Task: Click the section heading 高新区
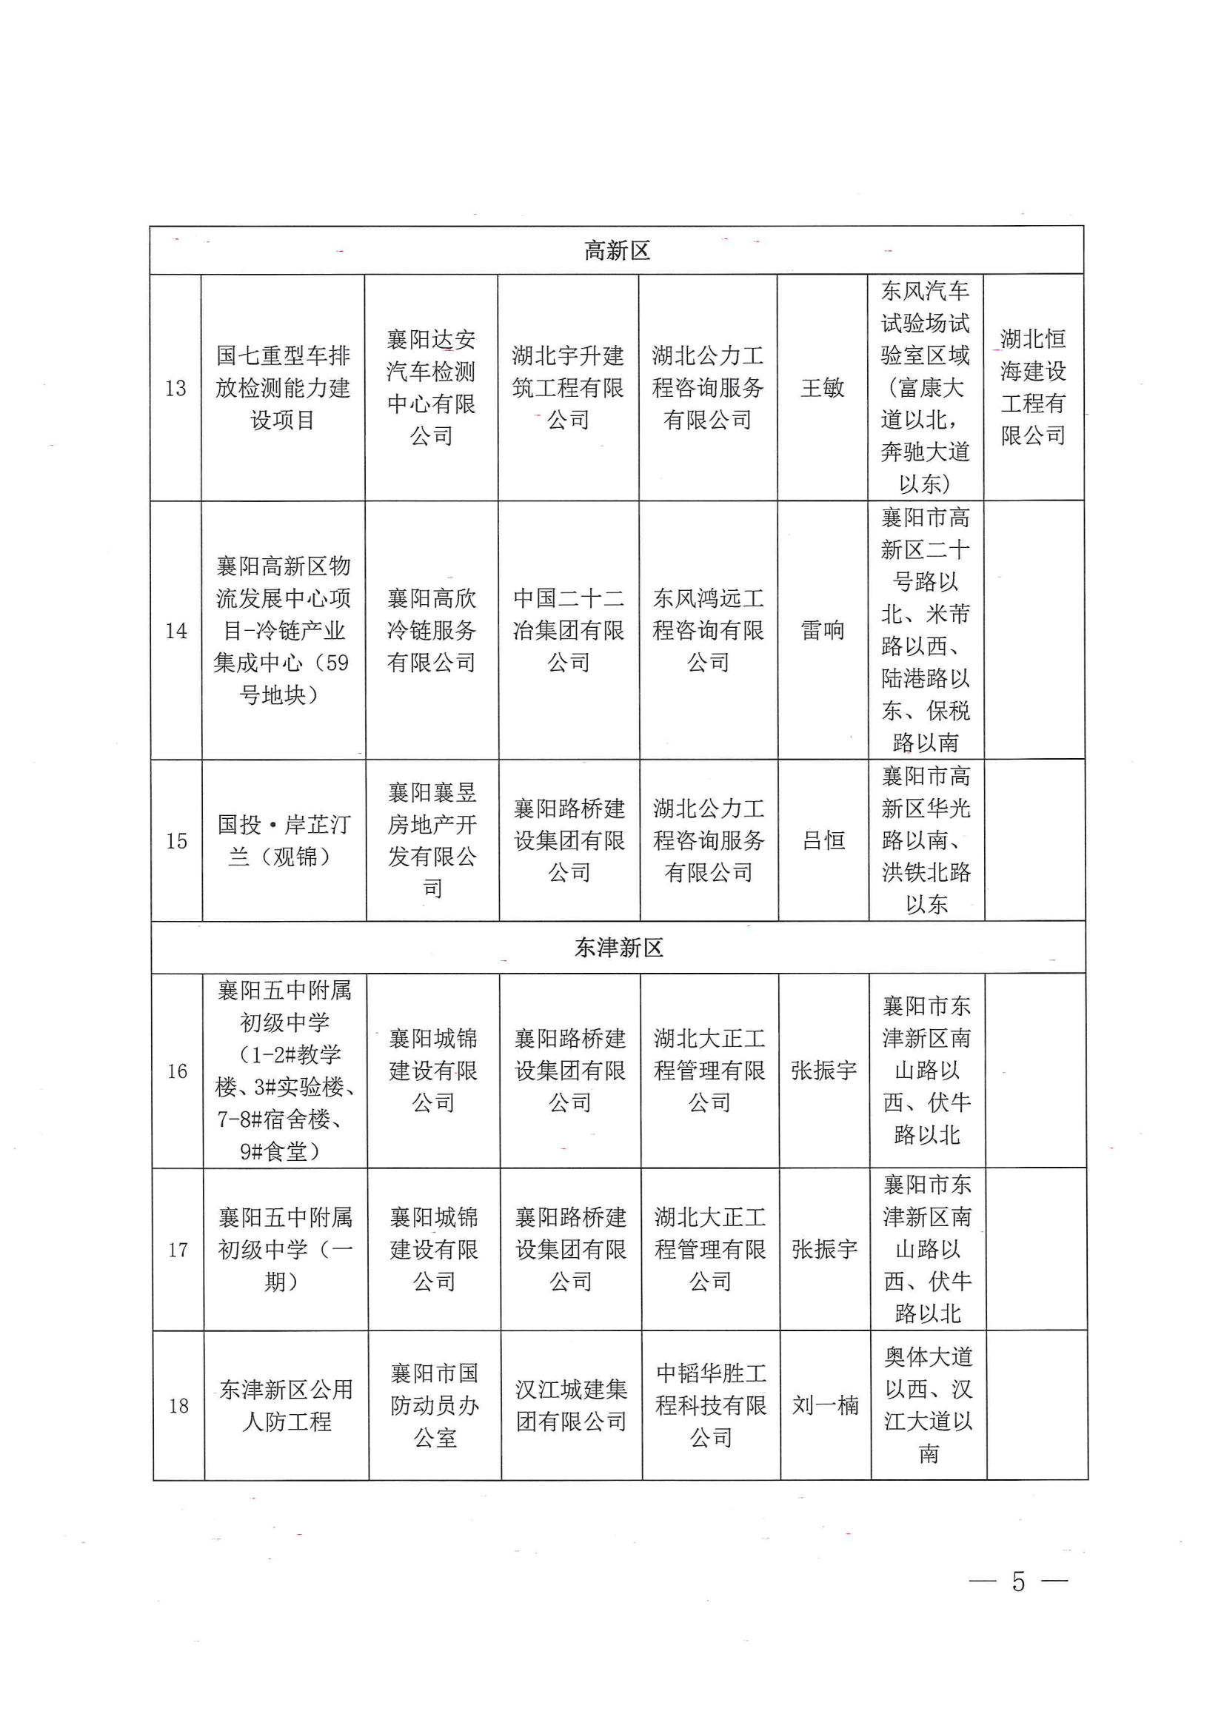[x=617, y=251]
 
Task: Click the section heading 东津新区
[x=618, y=948]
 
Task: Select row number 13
[x=175, y=388]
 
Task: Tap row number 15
[x=176, y=840]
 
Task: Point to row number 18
[x=178, y=1405]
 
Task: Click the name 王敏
[x=822, y=388]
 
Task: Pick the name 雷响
[x=822, y=630]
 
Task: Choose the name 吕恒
[x=823, y=840]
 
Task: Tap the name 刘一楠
[x=825, y=1405]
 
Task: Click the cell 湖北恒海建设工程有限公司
[x=1033, y=386]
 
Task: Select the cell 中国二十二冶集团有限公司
[x=569, y=630]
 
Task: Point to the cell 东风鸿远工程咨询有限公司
[x=708, y=630]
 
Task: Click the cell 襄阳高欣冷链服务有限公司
[x=432, y=630]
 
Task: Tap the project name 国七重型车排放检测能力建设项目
[x=283, y=388]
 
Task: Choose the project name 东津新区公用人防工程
[x=287, y=1405]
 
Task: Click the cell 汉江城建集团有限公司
[x=572, y=1405]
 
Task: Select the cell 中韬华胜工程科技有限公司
[x=711, y=1405]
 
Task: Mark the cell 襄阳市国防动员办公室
[x=435, y=1405]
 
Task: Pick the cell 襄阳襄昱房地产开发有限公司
[x=432, y=840]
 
